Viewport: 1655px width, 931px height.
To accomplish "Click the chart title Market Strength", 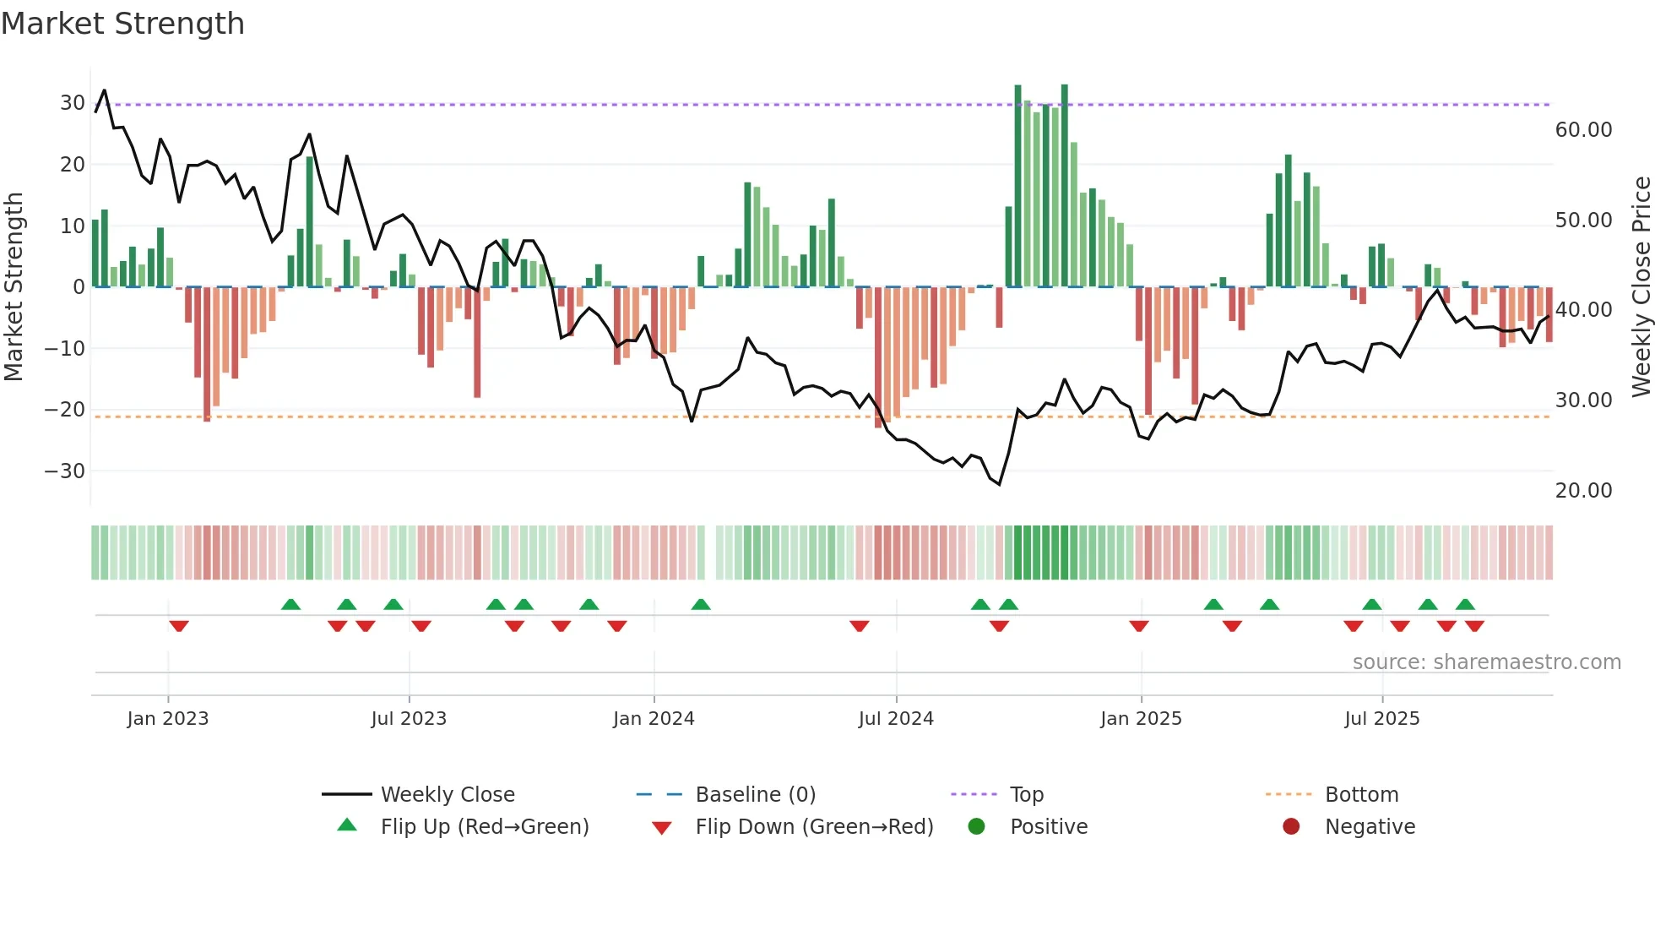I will [122, 24].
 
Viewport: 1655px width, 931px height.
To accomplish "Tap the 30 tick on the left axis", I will [73, 103].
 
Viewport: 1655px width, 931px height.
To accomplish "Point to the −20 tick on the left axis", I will [65, 410].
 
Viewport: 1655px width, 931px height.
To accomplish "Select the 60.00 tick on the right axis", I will [1583, 130].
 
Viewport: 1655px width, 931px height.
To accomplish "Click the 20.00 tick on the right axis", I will [1583, 491].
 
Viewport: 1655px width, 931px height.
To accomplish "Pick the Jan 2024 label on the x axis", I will [654, 719].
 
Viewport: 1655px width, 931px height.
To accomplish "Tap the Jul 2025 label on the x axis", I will [1381, 719].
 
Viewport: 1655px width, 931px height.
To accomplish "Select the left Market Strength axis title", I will [14, 287].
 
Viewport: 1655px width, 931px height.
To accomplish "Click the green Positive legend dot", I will [977, 826].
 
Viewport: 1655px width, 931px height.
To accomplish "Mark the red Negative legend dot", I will [1291, 826].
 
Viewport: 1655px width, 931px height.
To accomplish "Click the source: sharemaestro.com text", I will [1486, 662].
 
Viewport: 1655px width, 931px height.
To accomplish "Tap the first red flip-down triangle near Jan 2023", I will [179, 626].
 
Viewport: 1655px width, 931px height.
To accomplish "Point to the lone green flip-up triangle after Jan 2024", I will [701, 604].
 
